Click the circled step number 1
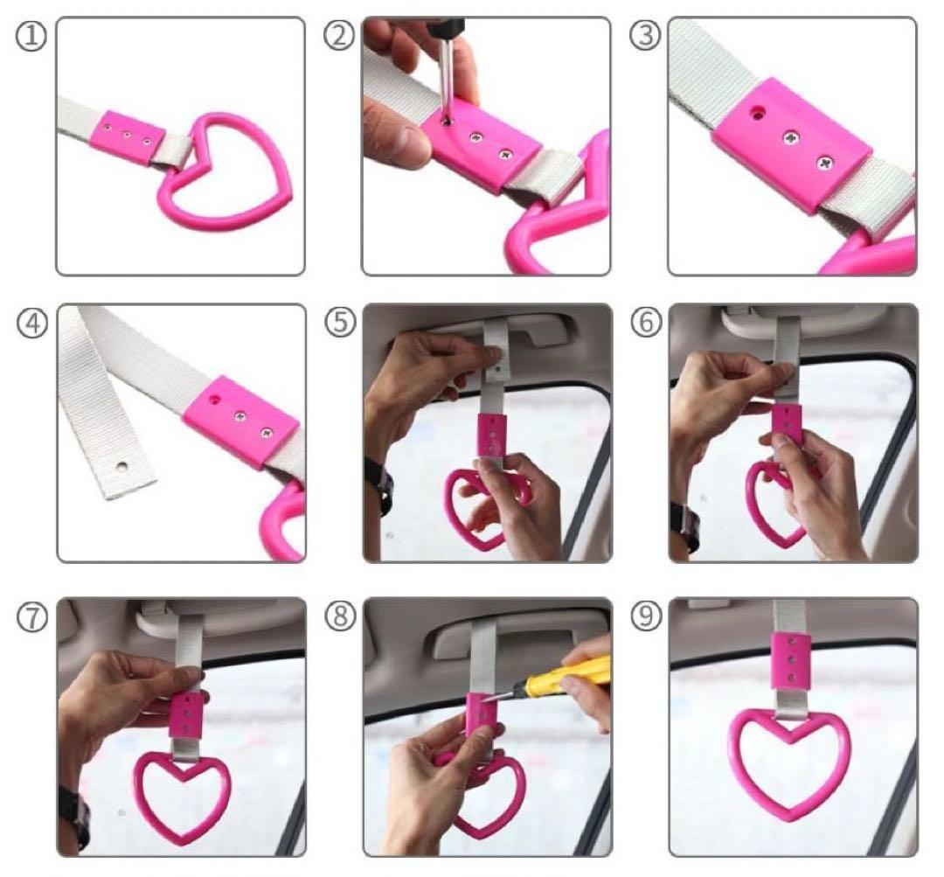[31, 37]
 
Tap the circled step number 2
[339, 36]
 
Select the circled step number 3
[645, 36]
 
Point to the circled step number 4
[32, 324]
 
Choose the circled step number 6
[646, 323]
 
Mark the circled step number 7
[32, 618]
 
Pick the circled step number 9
[646, 616]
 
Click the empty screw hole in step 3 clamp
[757, 112]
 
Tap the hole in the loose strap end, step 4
[123, 467]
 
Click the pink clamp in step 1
[128, 138]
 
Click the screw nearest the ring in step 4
[267, 432]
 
